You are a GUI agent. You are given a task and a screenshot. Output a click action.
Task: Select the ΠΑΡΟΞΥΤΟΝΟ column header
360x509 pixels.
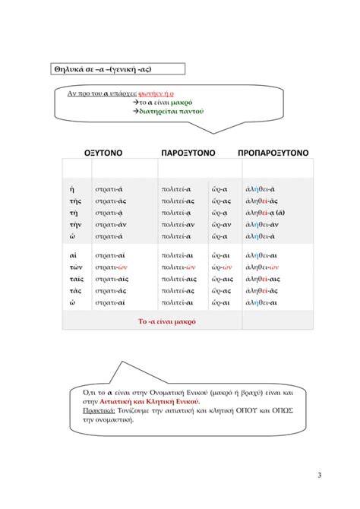coord(188,153)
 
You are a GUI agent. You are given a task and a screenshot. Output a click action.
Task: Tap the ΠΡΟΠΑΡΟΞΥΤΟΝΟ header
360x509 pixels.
coord(273,153)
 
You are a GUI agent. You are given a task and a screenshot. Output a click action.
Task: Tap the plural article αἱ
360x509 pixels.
coord(73,255)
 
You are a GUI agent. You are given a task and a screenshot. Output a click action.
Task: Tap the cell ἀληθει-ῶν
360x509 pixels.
coord(264,267)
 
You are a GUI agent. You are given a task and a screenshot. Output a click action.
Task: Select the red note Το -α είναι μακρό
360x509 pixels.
coord(167,321)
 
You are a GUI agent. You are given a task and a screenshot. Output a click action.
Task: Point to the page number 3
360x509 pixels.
coord(320,476)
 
